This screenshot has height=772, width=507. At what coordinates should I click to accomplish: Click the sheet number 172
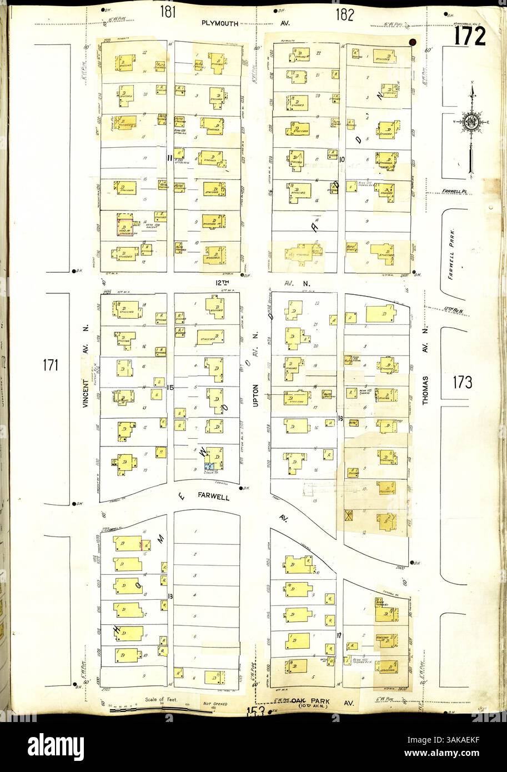pos(469,36)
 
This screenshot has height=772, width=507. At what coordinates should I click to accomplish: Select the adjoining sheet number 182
pos(344,15)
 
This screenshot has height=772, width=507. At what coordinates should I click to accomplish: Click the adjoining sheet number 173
pos(462,382)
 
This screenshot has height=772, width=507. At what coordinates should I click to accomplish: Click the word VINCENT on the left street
pos(86,394)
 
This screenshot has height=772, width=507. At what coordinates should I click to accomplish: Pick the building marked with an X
pos(350,514)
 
